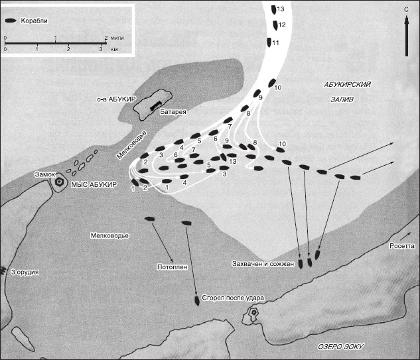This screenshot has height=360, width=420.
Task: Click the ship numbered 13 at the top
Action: coord(274,10)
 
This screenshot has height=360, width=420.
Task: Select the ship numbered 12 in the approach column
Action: coord(275,25)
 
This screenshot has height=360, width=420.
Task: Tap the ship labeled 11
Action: coord(269,42)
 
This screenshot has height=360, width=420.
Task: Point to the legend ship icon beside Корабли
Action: coord(11,21)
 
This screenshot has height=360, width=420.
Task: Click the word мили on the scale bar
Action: coord(117,38)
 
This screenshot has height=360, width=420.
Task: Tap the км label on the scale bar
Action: coord(114,49)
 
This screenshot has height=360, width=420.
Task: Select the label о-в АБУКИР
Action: coord(116,99)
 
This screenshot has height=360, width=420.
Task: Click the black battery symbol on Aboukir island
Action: coord(155,105)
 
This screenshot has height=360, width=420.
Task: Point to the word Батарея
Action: coord(173,112)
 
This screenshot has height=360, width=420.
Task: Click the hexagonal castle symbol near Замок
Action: coord(58,182)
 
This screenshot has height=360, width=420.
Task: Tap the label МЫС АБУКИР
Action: coord(94,184)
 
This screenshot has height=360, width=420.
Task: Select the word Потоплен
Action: coord(173,267)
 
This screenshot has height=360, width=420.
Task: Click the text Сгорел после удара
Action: coord(233,298)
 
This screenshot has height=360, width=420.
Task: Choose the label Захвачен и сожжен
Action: coord(263,264)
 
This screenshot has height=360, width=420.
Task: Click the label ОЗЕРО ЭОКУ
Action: coord(340,347)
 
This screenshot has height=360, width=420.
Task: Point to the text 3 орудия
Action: coord(25,272)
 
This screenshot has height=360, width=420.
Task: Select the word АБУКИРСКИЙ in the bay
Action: coord(348,85)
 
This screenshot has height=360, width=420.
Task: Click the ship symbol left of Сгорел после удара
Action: coord(197,301)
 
